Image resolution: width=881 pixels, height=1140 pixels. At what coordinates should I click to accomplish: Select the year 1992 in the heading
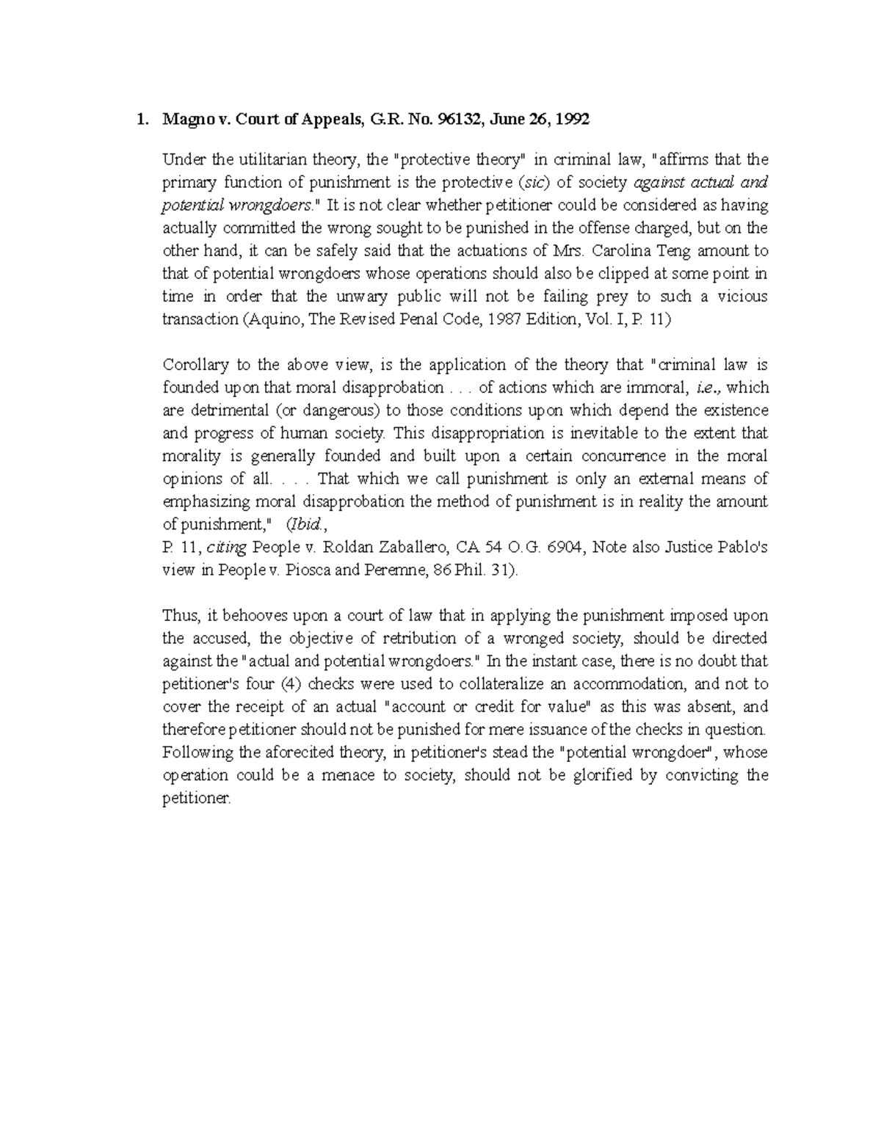(572, 120)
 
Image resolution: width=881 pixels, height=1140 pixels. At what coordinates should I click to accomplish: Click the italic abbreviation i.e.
(710, 388)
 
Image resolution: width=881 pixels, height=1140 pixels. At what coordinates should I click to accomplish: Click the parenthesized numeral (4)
(291, 684)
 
